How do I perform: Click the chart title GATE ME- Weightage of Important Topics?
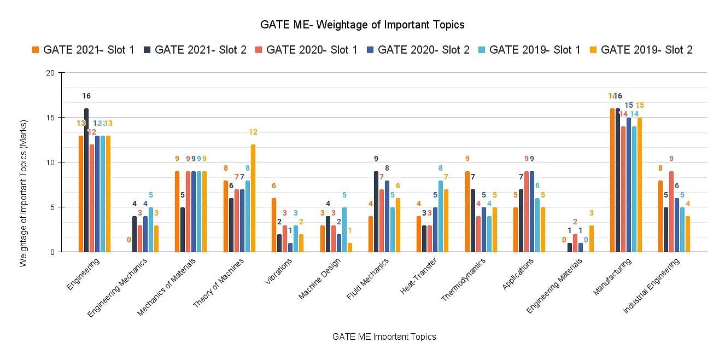click(362, 25)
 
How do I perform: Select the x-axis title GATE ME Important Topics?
click(384, 336)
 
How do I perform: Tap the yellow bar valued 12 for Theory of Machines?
click(253, 198)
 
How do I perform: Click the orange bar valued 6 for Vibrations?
click(273, 225)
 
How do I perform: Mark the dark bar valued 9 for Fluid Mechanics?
click(376, 212)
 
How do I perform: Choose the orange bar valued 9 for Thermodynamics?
click(467, 212)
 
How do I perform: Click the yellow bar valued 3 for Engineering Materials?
click(591, 239)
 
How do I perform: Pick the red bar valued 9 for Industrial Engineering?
click(671, 212)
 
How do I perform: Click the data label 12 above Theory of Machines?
click(253, 132)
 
